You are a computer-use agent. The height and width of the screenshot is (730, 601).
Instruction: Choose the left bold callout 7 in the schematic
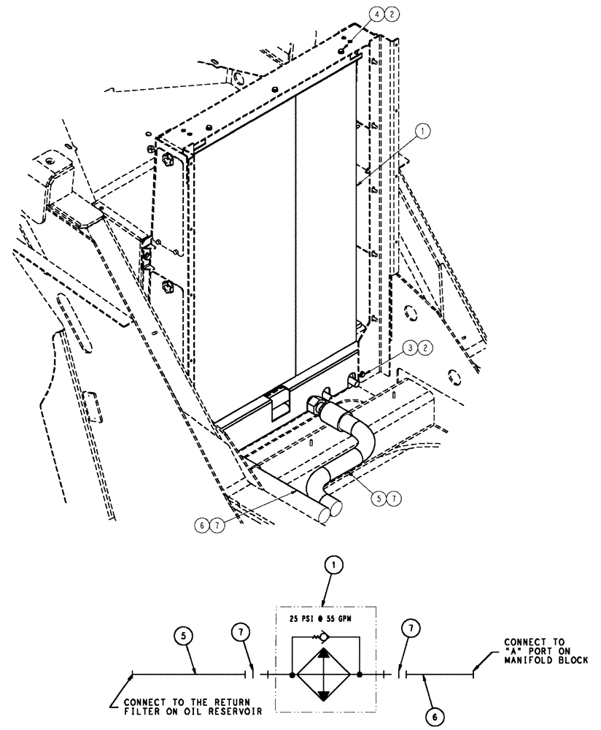coord(244,631)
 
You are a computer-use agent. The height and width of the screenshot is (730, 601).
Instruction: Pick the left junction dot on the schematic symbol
coord(292,676)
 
